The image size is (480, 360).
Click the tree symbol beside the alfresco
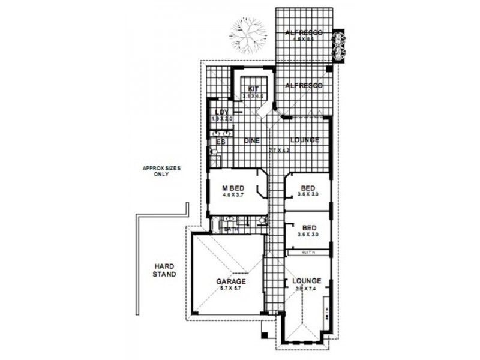pyautogui.click(x=248, y=35)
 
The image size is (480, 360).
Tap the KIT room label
pyautogui.click(x=253, y=89)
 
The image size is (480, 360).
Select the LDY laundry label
pyautogui.click(x=221, y=112)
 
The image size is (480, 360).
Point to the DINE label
pyautogui.click(x=251, y=140)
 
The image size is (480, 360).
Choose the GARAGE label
pyautogui.click(x=231, y=281)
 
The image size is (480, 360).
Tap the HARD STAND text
pyautogui.click(x=164, y=270)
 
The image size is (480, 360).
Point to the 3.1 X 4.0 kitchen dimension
pyautogui.click(x=253, y=96)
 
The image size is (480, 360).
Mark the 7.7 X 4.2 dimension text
pyautogui.click(x=279, y=150)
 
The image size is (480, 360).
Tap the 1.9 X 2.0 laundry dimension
pyautogui.click(x=222, y=119)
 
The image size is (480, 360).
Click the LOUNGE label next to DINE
pyautogui.click(x=304, y=140)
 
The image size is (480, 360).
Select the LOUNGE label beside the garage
pyautogui.click(x=307, y=281)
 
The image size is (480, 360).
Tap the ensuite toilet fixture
pyautogui.click(x=213, y=153)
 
